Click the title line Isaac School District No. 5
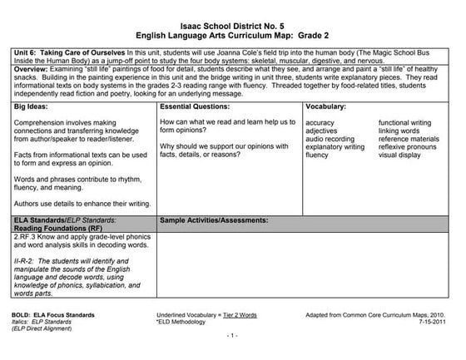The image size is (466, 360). point(233,26)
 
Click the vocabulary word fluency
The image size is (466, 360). point(318,155)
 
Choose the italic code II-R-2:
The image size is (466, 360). point(27,261)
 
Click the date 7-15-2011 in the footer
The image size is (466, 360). point(432,323)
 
